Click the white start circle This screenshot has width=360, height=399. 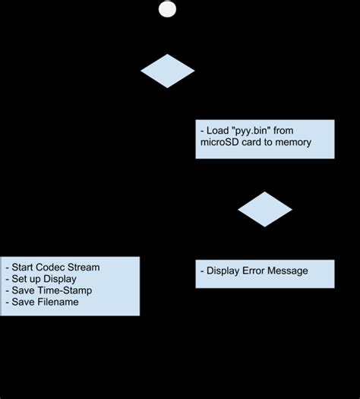(x=167, y=9)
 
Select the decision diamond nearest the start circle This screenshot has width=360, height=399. (x=168, y=71)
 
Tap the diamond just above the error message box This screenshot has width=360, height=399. (x=264, y=209)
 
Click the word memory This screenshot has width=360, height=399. (x=292, y=143)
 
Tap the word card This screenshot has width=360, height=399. (x=257, y=143)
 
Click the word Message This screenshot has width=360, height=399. (x=290, y=271)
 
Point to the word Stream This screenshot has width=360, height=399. (x=84, y=268)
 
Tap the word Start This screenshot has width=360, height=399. (x=24, y=268)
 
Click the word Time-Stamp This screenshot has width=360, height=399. (x=65, y=290)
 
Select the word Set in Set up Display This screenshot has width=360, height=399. (x=19, y=279)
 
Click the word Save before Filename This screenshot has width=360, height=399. (x=23, y=302)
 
